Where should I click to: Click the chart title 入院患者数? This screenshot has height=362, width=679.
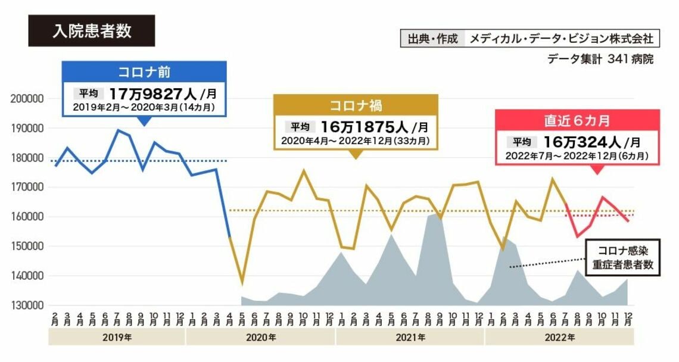coord(91,31)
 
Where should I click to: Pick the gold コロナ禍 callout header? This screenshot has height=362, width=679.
coord(355,105)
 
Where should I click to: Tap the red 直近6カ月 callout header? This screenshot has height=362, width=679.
coord(577,121)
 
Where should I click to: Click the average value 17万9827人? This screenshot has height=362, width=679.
coord(152,93)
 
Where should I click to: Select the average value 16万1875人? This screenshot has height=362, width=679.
coord(364,127)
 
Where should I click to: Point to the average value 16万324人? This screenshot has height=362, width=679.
coord(582,142)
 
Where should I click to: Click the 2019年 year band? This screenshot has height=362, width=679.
coord(117,338)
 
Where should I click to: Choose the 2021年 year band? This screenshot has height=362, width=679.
coord(410,338)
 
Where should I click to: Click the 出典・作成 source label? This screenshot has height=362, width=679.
coord(433,39)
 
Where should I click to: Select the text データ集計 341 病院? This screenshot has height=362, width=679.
coord(600,60)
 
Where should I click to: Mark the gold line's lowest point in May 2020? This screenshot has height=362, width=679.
coord(242,283)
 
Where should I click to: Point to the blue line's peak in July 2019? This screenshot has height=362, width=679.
coord(118,130)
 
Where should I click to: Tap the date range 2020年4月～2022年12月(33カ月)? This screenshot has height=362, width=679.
coord(355,142)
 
